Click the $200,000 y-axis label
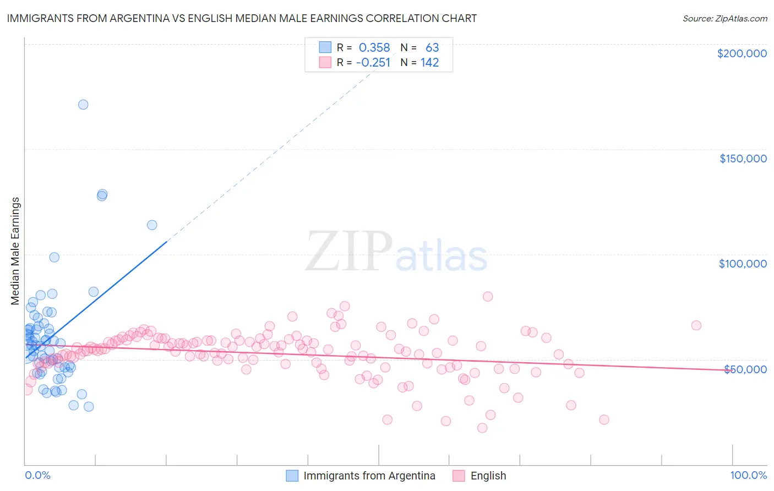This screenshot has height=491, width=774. click(742, 53)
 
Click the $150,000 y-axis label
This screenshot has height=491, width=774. click(743, 159)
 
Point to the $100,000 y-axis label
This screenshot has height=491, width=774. click(743, 264)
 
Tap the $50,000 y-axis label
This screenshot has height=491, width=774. click(745, 369)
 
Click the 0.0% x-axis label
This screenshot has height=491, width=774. click(37, 475)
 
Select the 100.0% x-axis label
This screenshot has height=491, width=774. click(748, 475)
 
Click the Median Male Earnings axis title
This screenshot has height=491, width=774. click(15, 250)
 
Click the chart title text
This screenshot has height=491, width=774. click(242, 18)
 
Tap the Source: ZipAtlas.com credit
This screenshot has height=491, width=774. click(724, 18)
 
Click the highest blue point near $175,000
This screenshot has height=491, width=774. click(83, 105)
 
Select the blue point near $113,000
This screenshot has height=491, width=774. click(152, 225)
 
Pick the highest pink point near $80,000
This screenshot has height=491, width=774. click(488, 296)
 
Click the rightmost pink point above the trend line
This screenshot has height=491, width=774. click(696, 325)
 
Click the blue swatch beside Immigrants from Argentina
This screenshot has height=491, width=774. click(292, 476)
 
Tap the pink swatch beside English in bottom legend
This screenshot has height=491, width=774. click(459, 476)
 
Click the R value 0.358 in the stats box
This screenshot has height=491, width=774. click(374, 48)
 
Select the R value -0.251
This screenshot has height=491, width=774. click(373, 63)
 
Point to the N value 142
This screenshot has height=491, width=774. click(429, 63)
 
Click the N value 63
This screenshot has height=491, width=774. click(432, 48)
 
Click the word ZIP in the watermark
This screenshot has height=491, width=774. click(348, 252)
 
